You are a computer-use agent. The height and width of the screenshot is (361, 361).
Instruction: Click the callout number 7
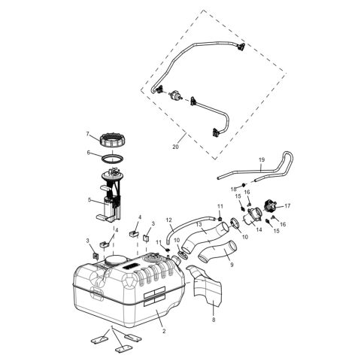coord(88,135)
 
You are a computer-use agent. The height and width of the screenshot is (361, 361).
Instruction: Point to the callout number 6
coord(88,153)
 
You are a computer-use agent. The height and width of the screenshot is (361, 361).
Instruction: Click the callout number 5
coord(89,200)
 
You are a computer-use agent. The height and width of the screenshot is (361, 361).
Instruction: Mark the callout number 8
coord(213,320)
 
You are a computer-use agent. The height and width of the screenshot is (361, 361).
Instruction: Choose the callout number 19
coord(262,160)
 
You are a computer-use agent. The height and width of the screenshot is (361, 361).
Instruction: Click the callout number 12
coord(170,220)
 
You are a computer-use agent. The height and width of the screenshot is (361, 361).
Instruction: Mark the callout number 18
coord(235,189)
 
